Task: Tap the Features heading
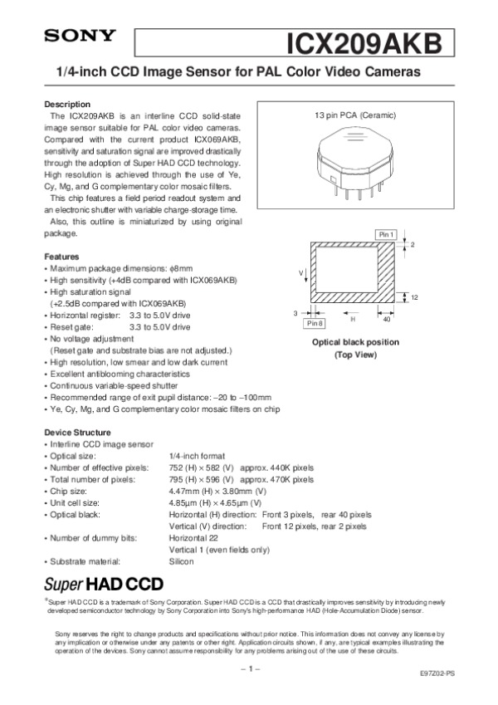61,257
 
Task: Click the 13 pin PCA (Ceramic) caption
355,114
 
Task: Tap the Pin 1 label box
386,234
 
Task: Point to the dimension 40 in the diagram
387,318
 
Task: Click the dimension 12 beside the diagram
413,297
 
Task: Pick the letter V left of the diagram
301,272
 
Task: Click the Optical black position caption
355,342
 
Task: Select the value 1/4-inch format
198,456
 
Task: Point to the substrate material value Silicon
181,561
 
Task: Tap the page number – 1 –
248,668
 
